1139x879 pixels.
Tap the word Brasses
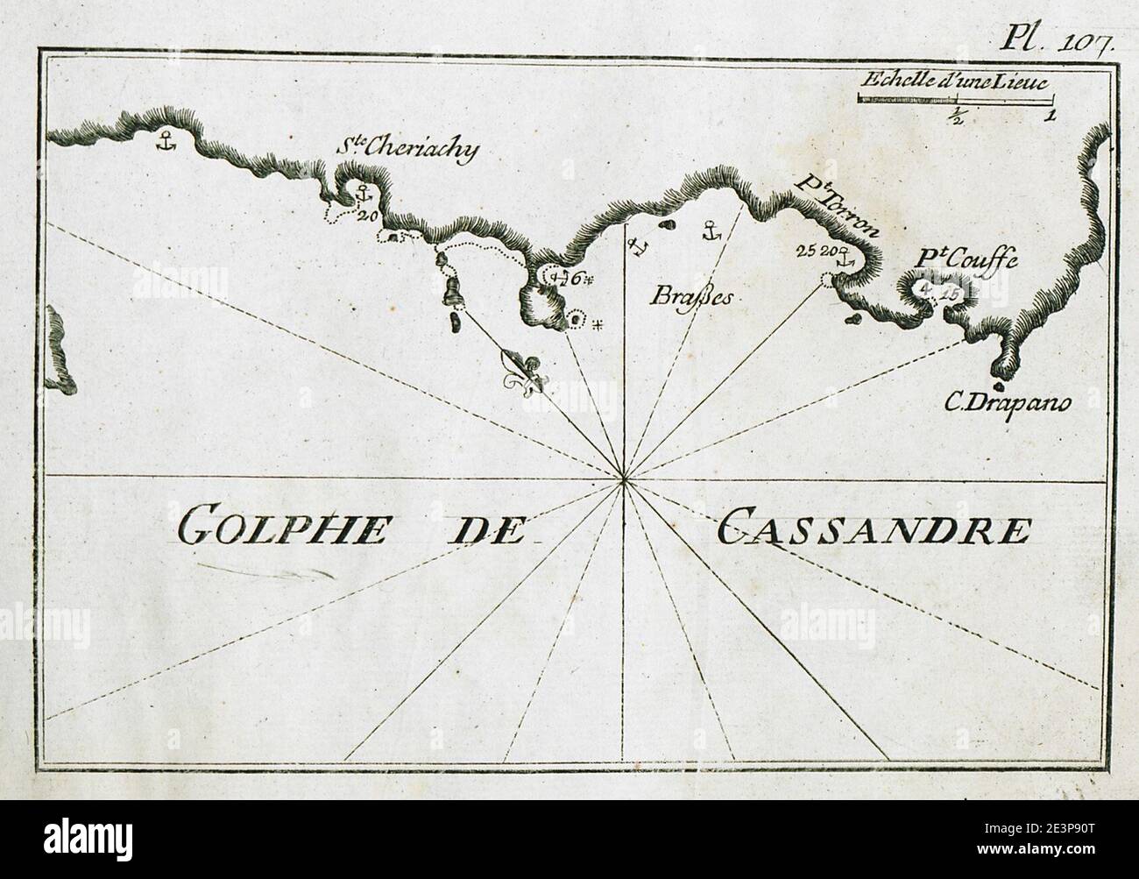[x=692, y=296]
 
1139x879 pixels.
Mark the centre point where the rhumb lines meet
[x=623, y=478]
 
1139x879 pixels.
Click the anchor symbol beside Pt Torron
[x=845, y=259]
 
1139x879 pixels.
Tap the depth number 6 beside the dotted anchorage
[x=576, y=279]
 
